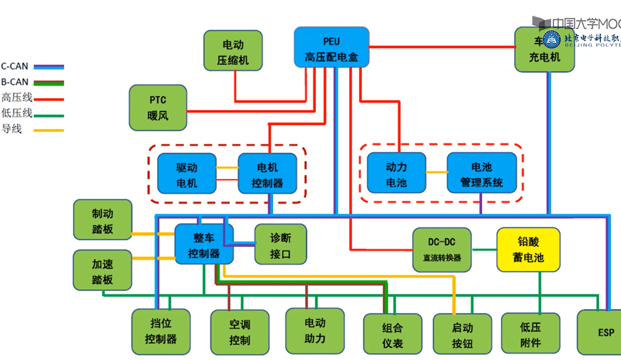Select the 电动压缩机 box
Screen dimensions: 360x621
(233, 51)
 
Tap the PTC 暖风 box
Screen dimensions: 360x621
(158, 108)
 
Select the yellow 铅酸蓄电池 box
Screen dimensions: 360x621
(528, 250)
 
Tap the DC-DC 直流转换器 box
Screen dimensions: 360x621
(442, 250)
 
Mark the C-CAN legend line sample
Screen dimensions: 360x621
(49, 66)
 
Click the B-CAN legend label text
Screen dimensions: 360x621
(14, 82)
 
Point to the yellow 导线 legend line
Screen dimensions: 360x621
(49, 130)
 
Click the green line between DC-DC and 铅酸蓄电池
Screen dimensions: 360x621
(484, 250)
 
